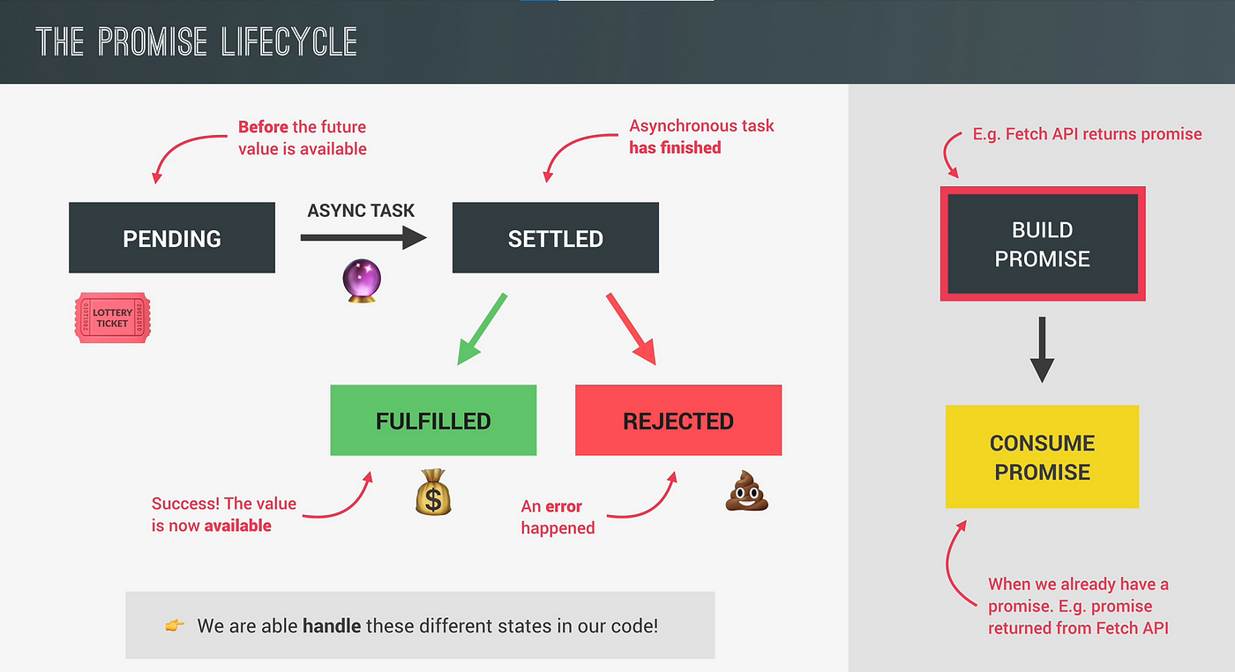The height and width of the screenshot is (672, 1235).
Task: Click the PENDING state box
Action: (172, 237)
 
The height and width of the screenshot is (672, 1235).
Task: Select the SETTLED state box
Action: (555, 237)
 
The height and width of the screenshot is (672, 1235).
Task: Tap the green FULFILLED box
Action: (433, 420)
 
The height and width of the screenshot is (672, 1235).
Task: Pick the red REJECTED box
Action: (678, 420)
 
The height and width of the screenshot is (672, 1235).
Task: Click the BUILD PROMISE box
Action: (1043, 243)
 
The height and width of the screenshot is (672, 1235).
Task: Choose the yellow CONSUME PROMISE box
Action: (1042, 457)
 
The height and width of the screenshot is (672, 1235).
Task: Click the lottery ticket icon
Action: (113, 317)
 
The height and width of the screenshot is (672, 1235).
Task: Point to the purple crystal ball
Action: (362, 280)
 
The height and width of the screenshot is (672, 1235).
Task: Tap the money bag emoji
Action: (433, 492)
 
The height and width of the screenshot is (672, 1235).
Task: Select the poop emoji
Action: (747, 490)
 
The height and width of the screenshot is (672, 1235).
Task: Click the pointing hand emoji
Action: (175, 625)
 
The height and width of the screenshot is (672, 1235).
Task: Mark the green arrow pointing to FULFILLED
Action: (482, 329)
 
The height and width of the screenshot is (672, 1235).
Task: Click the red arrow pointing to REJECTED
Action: (632, 329)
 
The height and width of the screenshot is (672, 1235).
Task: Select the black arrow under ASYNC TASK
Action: (363, 237)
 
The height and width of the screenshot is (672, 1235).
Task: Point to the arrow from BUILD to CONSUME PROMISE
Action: (1042, 349)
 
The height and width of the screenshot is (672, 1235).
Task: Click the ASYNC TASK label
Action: (361, 211)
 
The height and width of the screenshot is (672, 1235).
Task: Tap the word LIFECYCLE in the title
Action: (289, 42)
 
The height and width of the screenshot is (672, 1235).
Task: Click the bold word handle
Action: (332, 625)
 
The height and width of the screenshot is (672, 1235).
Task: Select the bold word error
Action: (564, 506)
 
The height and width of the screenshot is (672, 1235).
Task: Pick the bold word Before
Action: (263, 127)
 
